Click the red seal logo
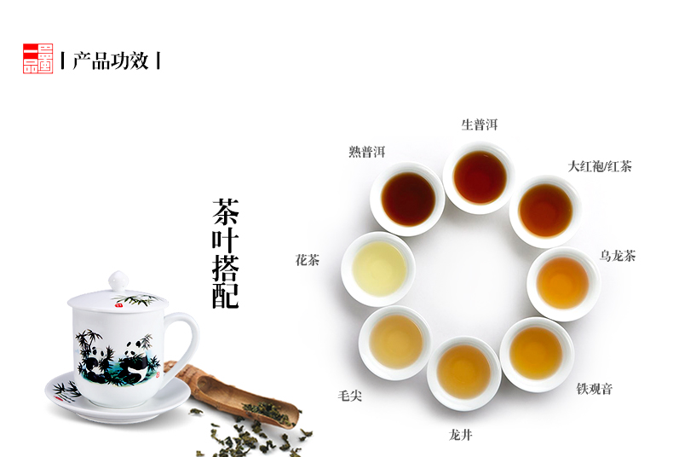(37, 59)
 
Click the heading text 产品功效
(111, 61)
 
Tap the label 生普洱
(480, 124)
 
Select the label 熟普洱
(367, 152)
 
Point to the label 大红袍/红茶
(600, 166)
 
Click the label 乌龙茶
(618, 256)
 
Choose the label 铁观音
(594, 389)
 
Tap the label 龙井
(461, 435)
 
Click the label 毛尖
(350, 396)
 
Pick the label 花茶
(308, 260)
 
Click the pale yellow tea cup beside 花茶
(378, 269)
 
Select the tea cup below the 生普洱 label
(480, 177)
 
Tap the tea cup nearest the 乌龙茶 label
(563, 283)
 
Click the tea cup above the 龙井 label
(464, 373)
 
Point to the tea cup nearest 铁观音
(537, 355)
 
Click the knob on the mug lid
(118, 281)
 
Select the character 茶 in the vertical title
(226, 211)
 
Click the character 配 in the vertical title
(226, 295)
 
